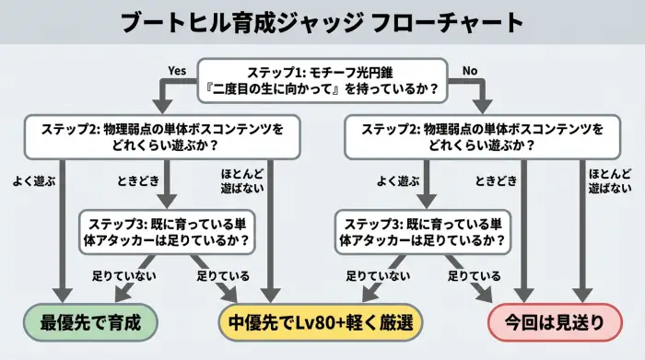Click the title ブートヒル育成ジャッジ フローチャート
pyautogui.click(x=322, y=23)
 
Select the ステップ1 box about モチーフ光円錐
pyautogui.click(x=322, y=81)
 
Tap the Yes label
pyautogui.click(x=178, y=69)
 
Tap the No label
pyautogui.click(x=469, y=69)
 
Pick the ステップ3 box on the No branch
pyautogui.click(x=425, y=231)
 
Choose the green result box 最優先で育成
pyautogui.click(x=89, y=323)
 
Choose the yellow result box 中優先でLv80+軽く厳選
pyautogui.click(x=322, y=323)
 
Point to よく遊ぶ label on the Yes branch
pyautogui.click(x=36, y=181)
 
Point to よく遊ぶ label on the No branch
pyautogui.click(x=398, y=181)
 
